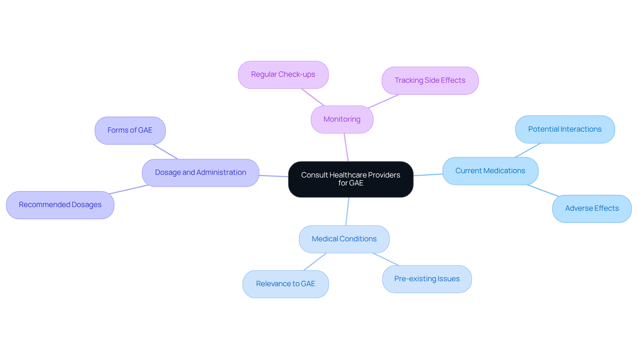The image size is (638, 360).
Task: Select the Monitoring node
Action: pyautogui.click(x=342, y=119)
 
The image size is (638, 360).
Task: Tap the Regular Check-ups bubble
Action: pyautogui.click(x=283, y=74)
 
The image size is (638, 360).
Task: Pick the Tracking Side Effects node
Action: pyautogui.click(x=430, y=80)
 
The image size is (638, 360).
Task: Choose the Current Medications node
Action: pyautogui.click(x=490, y=171)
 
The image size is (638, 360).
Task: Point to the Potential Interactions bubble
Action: pyautogui.click(x=565, y=129)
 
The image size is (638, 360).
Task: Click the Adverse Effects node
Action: pyautogui.click(x=592, y=208)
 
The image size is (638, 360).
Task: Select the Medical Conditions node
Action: pyautogui.click(x=344, y=239)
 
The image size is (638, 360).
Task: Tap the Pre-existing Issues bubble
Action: pyautogui.click(x=427, y=279)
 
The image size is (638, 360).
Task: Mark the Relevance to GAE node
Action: pyautogui.click(x=285, y=284)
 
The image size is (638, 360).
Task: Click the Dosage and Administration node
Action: pyautogui.click(x=200, y=173)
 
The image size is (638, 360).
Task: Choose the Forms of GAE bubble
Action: pyautogui.click(x=130, y=130)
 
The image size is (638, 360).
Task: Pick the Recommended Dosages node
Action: pyautogui.click(x=60, y=205)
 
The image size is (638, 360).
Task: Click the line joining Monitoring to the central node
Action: pyautogui.click(x=346, y=147)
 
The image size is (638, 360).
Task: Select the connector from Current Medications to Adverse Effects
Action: pyautogui.click(x=543, y=190)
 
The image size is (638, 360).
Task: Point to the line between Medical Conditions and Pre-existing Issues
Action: pyautogui.click(x=385, y=259)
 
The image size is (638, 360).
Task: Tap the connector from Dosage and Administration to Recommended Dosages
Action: pyautogui.click(x=129, y=189)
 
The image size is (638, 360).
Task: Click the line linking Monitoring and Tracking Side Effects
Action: pyautogui.click(x=384, y=101)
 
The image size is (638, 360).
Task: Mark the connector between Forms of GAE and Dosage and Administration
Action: pyautogui.click(x=165, y=152)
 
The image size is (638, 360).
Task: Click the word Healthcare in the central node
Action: pyautogui.click(x=348, y=175)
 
